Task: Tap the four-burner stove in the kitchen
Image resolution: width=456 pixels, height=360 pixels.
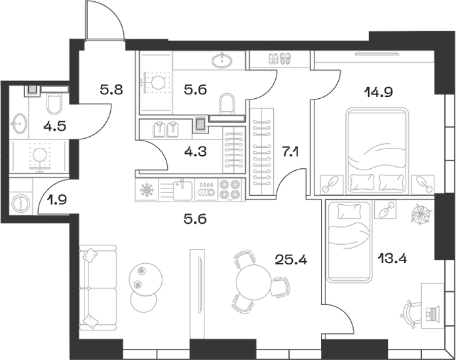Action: click(x=231, y=190)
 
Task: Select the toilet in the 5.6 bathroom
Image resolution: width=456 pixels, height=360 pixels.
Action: click(x=227, y=104)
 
